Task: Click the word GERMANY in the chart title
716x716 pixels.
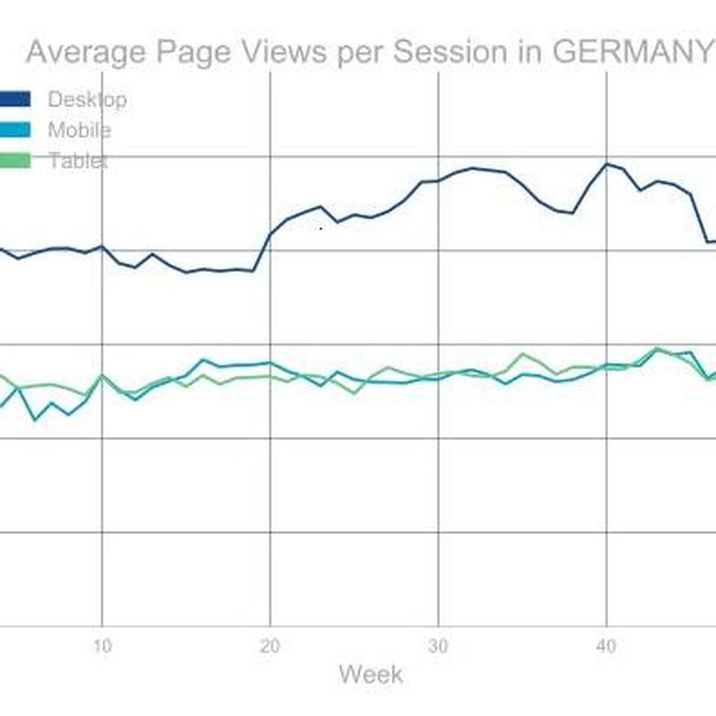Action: pyautogui.click(x=632, y=52)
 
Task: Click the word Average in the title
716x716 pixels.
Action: pyautogui.click(x=86, y=52)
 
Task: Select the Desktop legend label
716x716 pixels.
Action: pyautogui.click(x=87, y=99)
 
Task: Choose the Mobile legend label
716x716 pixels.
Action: pyautogui.click(x=79, y=130)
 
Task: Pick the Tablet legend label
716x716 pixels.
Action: pyautogui.click(x=78, y=161)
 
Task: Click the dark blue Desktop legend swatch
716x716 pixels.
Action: pyautogui.click(x=15, y=99)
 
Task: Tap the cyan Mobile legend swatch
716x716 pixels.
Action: pyautogui.click(x=15, y=130)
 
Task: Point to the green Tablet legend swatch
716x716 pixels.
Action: pyautogui.click(x=15, y=161)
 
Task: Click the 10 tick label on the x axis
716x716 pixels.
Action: pyautogui.click(x=103, y=646)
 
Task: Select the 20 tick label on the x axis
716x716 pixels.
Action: pyautogui.click(x=270, y=646)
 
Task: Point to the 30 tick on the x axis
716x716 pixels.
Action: pyautogui.click(x=439, y=646)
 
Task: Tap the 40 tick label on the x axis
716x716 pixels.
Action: pyautogui.click(x=606, y=646)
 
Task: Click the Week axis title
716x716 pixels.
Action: pyautogui.click(x=371, y=675)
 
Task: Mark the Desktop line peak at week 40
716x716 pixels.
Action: pyautogui.click(x=607, y=163)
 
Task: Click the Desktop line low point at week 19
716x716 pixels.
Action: pyautogui.click(x=254, y=271)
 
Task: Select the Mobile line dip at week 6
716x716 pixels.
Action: pyautogui.click(x=35, y=420)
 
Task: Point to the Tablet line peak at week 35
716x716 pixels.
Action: pyautogui.click(x=523, y=354)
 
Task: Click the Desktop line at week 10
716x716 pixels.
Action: pyautogui.click(x=103, y=246)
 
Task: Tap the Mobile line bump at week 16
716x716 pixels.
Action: pyautogui.click(x=203, y=360)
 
